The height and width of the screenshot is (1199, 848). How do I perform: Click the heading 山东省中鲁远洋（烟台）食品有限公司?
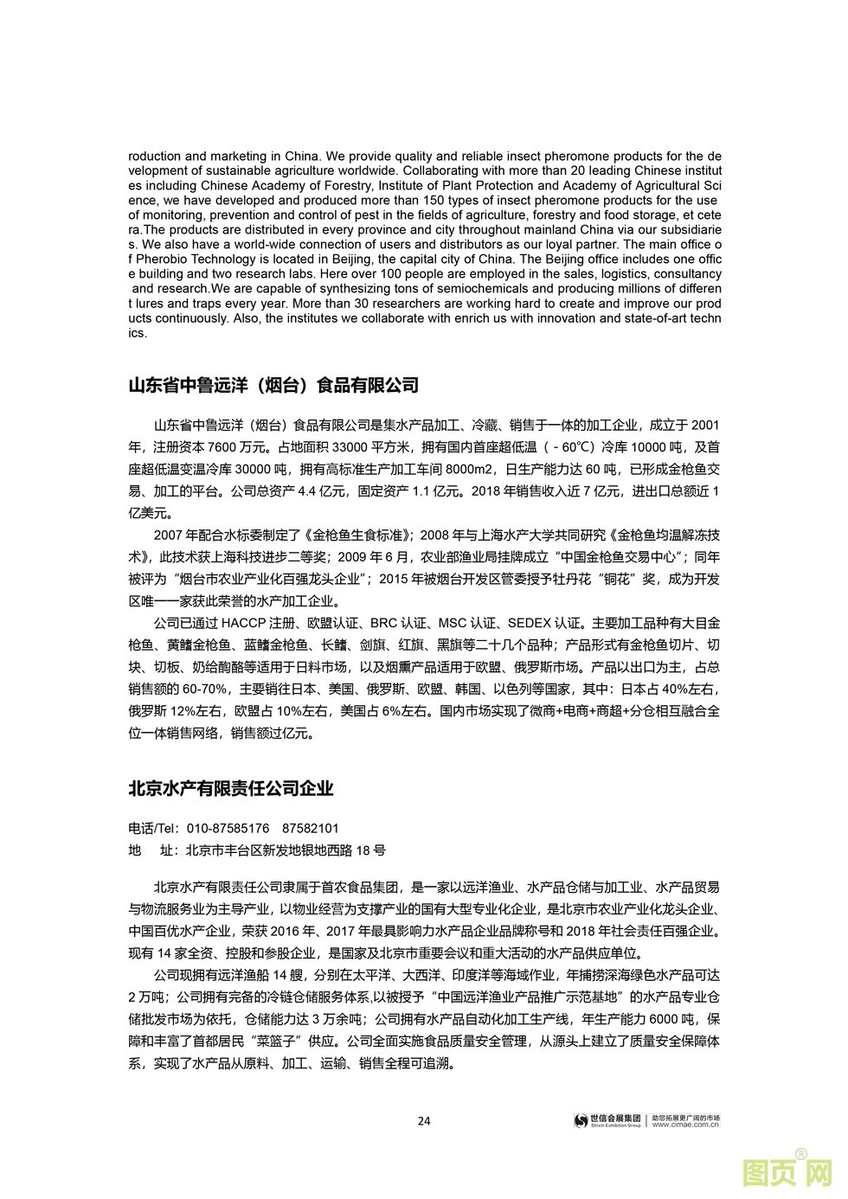(x=273, y=385)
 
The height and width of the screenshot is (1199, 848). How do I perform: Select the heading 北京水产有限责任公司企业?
(x=230, y=788)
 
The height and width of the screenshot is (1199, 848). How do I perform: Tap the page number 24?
(x=424, y=1121)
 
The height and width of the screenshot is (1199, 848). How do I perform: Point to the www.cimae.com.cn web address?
(x=685, y=1125)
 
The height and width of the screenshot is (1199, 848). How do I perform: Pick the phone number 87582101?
(x=311, y=828)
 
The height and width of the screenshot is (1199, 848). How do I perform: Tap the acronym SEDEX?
(x=530, y=622)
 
